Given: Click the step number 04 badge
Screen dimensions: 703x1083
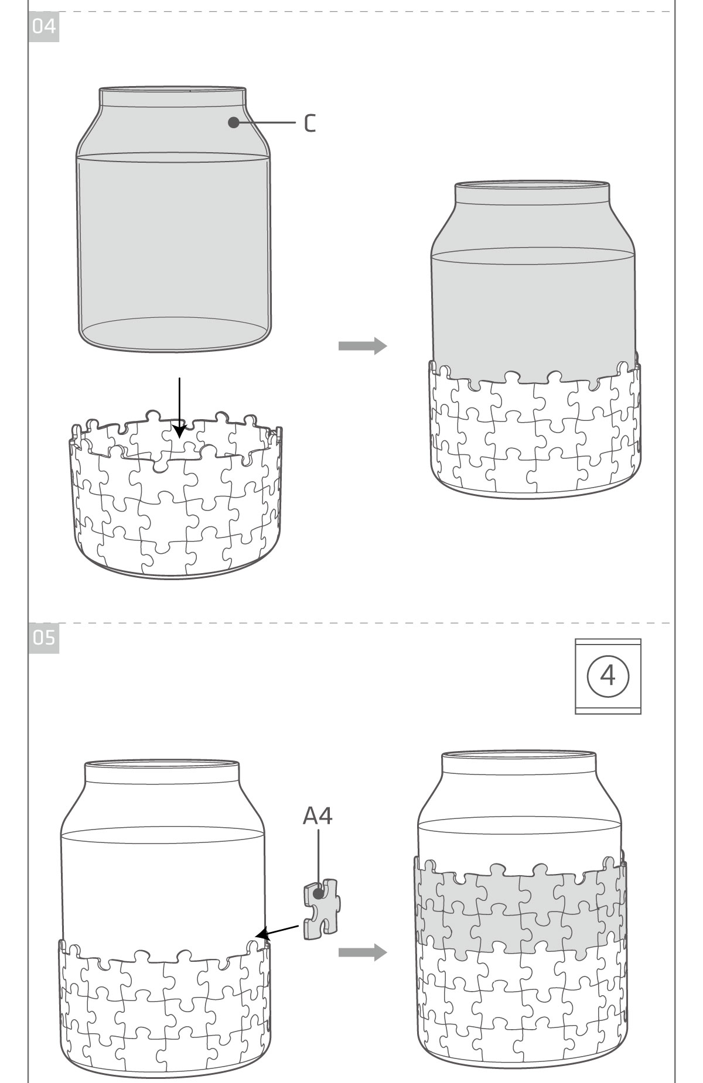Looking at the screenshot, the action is (x=43, y=27).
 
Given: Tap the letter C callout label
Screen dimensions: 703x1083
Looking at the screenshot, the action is (x=310, y=123).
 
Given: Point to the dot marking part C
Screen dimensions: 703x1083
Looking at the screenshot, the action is (x=234, y=122).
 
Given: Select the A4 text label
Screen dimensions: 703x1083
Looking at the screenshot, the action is (x=318, y=815).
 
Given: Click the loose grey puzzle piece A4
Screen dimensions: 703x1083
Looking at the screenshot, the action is (x=320, y=909).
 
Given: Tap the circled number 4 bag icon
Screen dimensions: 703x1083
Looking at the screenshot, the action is (x=608, y=676).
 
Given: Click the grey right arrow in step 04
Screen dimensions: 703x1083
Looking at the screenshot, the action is (x=363, y=346).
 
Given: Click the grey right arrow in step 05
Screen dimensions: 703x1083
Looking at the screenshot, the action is (x=363, y=952).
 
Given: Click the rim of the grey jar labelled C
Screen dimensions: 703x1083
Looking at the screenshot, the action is (x=172, y=90).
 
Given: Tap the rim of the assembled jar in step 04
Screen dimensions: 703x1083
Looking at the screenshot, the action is (x=532, y=186).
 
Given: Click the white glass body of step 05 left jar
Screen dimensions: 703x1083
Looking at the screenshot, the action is (x=163, y=884).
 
